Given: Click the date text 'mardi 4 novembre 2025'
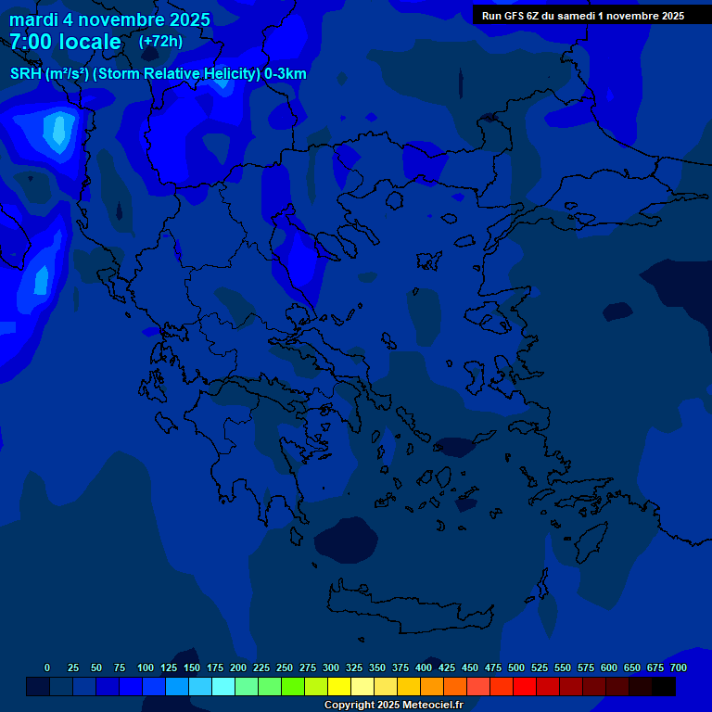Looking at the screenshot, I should pyautogui.click(x=109, y=19).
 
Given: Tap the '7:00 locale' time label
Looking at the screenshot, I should pyautogui.click(x=65, y=42).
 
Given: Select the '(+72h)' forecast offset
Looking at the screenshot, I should pyautogui.click(x=160, y=42).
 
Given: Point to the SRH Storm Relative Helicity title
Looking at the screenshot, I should pyautogui.click(x=158, y=74).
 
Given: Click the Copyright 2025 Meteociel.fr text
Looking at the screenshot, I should pyautogui.click(x=393, y=706).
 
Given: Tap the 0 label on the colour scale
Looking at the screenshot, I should pyautogui.click(x=47, y=667).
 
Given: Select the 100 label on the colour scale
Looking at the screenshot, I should pyautogui.click(x=146, y=667).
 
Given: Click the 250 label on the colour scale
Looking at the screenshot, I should pyautogui.click(x=285, y=667).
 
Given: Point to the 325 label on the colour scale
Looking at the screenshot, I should pyautogui.click(x=354, y=667).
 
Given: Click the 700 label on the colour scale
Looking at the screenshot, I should pyautogui.click(x=678, y=667).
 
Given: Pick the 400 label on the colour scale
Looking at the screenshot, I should pyautogui.click(x=424, y=667).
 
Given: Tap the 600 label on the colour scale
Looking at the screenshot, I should pyautogui.click(x=609, y=667).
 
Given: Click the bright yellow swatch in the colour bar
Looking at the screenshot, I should pyautogui.click(x=339, y=686).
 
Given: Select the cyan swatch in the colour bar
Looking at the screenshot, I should pyautogui.click(x=223, y=686).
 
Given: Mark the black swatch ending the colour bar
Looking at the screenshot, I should pyautogui.click(x=664, y=686).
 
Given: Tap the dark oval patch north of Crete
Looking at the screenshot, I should pyautogui.click(x=344, y=540).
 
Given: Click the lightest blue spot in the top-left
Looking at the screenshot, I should pyautogui.click(x=59, y=130).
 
